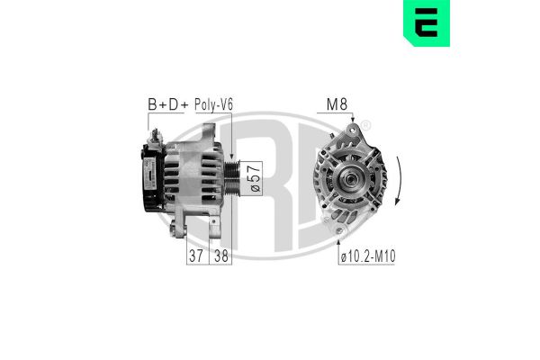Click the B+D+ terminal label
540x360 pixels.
166,105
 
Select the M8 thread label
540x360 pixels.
336,105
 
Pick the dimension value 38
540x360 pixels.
220,256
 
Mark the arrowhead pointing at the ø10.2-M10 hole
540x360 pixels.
338,237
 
